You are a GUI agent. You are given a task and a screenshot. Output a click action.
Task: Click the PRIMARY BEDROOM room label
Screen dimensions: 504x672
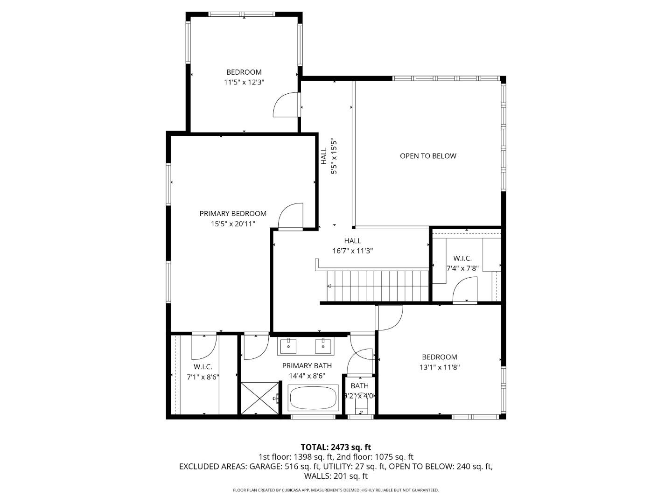tap(233, 213)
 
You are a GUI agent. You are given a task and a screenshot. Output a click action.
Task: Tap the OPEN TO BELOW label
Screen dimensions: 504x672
tap(428, 156)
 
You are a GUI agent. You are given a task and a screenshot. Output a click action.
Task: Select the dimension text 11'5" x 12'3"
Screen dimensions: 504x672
tap(245, 82)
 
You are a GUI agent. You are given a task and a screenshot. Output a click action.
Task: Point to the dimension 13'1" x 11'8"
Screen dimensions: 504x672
tap(440, 367)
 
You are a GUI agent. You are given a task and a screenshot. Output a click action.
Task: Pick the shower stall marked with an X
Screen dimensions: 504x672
tap(260, 398)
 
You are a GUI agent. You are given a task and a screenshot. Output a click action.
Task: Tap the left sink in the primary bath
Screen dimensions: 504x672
tap(288, 347)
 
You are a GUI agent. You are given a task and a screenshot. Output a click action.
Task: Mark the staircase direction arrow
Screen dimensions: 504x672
tap(329, 286)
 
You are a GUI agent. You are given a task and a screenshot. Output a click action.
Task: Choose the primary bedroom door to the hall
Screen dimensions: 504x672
tap(291, 216)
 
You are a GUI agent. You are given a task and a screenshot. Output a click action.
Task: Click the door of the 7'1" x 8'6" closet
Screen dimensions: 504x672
tap(204, 346)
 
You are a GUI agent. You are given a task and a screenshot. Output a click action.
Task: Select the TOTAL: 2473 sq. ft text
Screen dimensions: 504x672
tap(336, 447)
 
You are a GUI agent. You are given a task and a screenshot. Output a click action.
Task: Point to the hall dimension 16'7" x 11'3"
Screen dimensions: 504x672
tap(352, 251)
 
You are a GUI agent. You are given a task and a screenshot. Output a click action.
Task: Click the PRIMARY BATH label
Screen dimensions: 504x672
tap(307, 365)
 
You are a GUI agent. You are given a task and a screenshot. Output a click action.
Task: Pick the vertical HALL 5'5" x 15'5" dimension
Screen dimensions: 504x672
tap(334, 156)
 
